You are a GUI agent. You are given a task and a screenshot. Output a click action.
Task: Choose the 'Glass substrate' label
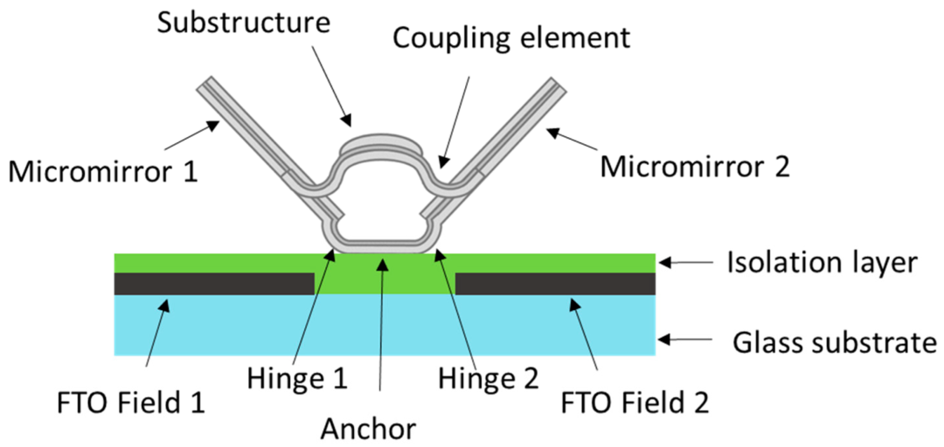(x=832, y=343)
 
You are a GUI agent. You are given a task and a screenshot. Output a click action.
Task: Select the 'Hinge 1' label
(x=297, y=378)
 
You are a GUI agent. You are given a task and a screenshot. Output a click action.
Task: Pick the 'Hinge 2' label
(x=489, y=378)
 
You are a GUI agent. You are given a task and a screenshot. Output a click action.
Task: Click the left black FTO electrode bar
(x=214, y=284)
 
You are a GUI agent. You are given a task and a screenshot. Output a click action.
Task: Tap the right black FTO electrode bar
(x=555, y=284)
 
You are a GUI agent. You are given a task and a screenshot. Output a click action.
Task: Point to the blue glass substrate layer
(x=385, y=325)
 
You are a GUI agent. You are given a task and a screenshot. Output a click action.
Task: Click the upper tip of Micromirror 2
(x=559, y=85)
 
